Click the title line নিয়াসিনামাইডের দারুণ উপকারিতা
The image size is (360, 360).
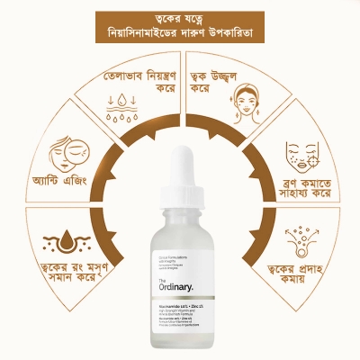pyautogui.click(x=180, y=34)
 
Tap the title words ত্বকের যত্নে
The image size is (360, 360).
pyautogui.click(x=180, y=17)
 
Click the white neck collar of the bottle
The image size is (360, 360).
pyautogui.click(x=180, y=212)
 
